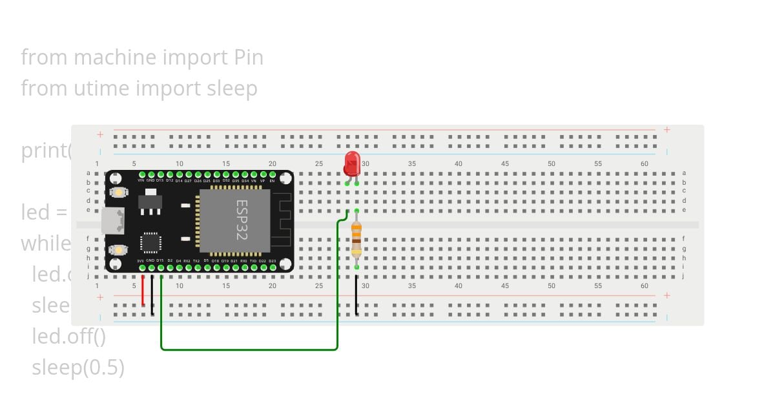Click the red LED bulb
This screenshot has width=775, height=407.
coord(351,163)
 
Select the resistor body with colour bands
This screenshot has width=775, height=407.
coord(356,240)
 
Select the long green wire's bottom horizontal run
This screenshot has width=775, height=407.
coord(249,350)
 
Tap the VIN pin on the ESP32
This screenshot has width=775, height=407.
coord(141,174)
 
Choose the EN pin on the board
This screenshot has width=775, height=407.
coord(273,174)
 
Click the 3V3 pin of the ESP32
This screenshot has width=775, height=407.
coord(141,267)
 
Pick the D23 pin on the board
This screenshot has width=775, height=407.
coord(273,267)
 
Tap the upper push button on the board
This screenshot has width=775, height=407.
coord(118,192)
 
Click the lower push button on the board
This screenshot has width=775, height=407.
coord(118,250)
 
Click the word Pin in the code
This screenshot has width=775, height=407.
coord(248,57)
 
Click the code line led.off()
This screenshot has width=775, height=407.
coord(68,336)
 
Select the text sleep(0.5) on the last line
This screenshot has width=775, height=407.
coord(78,368)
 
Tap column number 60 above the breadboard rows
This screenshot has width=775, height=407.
coord(644,164)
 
